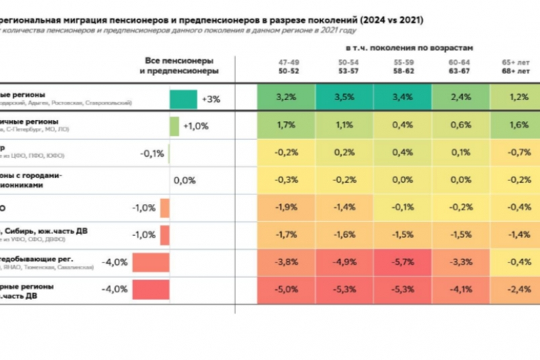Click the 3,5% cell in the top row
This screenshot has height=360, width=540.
pos(344,97)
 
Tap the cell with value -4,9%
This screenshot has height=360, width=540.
pos(344,262)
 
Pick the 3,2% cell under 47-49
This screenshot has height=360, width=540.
pos(286,97)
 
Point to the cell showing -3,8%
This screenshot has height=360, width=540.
pos(286,262)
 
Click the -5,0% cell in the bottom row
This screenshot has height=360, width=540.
pos(286,290)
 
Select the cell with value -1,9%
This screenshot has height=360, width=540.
pos(286,207)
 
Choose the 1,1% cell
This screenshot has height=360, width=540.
pos(344,124)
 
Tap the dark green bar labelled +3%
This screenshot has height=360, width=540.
pos(183,99)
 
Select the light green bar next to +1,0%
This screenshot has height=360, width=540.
pos(174,127)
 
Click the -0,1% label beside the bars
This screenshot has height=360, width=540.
pos(152,153)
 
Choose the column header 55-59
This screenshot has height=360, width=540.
pos(403,63)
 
